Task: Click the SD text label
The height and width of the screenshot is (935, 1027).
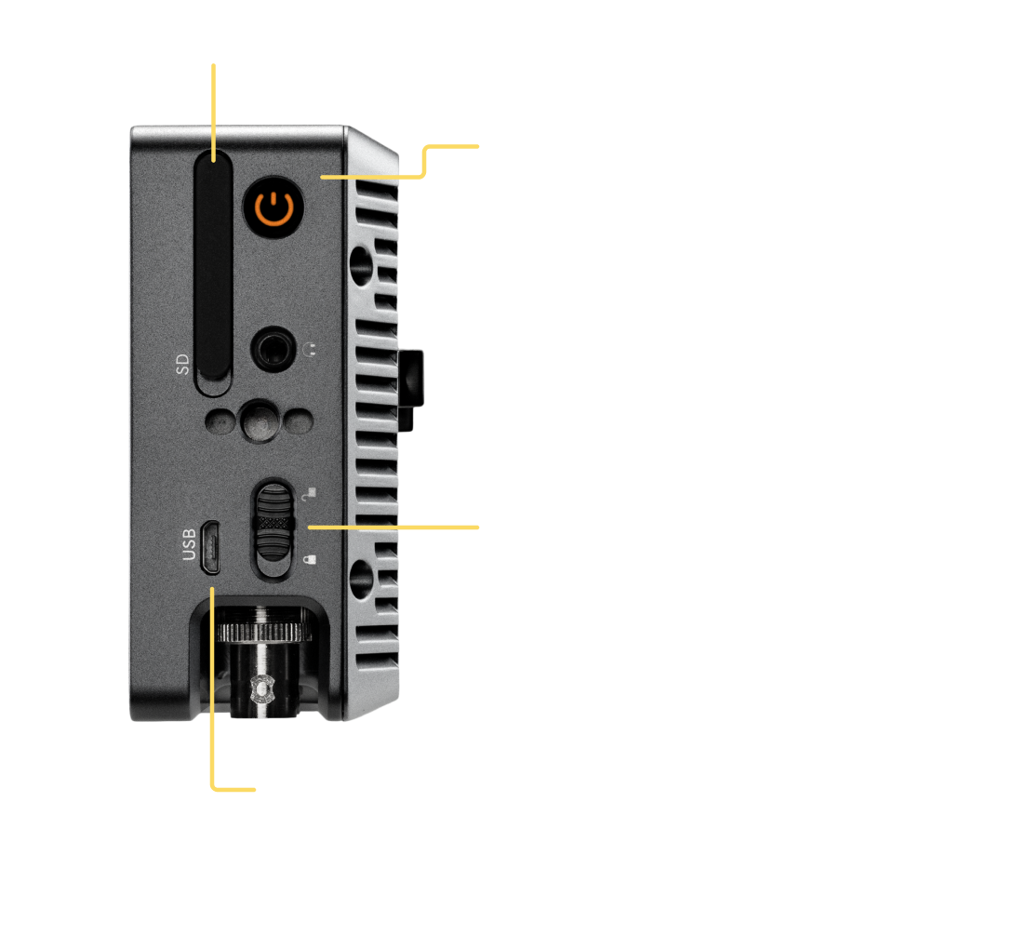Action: pyautogui.click(x=182, y=365)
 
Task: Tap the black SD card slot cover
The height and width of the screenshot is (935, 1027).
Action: pyautogui.click(x=214, y=265)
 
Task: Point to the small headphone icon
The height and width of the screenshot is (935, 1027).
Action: pyautogui.click(x=311, y=348)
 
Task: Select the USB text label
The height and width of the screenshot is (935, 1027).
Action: pyautogui.click(x=189, y=544)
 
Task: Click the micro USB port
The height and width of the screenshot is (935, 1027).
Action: pyautogui.click(x=210, y=548)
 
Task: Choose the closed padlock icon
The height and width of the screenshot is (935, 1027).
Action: pyautogui.click(x=310, y=558)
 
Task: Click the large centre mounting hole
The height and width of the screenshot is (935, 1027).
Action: pyautogui.click(x=260, y=421)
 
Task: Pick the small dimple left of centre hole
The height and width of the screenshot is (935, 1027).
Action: pyautogui.click(x=220, y=422)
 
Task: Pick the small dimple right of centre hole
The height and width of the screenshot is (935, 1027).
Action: pyautogui.click(x=300, y=422)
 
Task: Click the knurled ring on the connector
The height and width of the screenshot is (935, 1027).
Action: pyautogui.click(x=264, y=633)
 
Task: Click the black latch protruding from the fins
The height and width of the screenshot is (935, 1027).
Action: pyautogui.click(x=410, y=391)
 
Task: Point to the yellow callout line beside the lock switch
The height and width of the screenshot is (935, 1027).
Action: pyautogui.click(x=393, y=528)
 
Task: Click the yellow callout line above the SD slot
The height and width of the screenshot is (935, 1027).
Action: pyautogui.click(x=214, y=113)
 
